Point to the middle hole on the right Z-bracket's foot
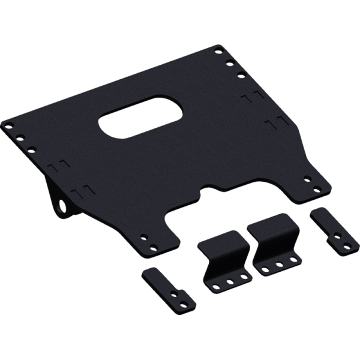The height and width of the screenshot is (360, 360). point(279,262)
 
